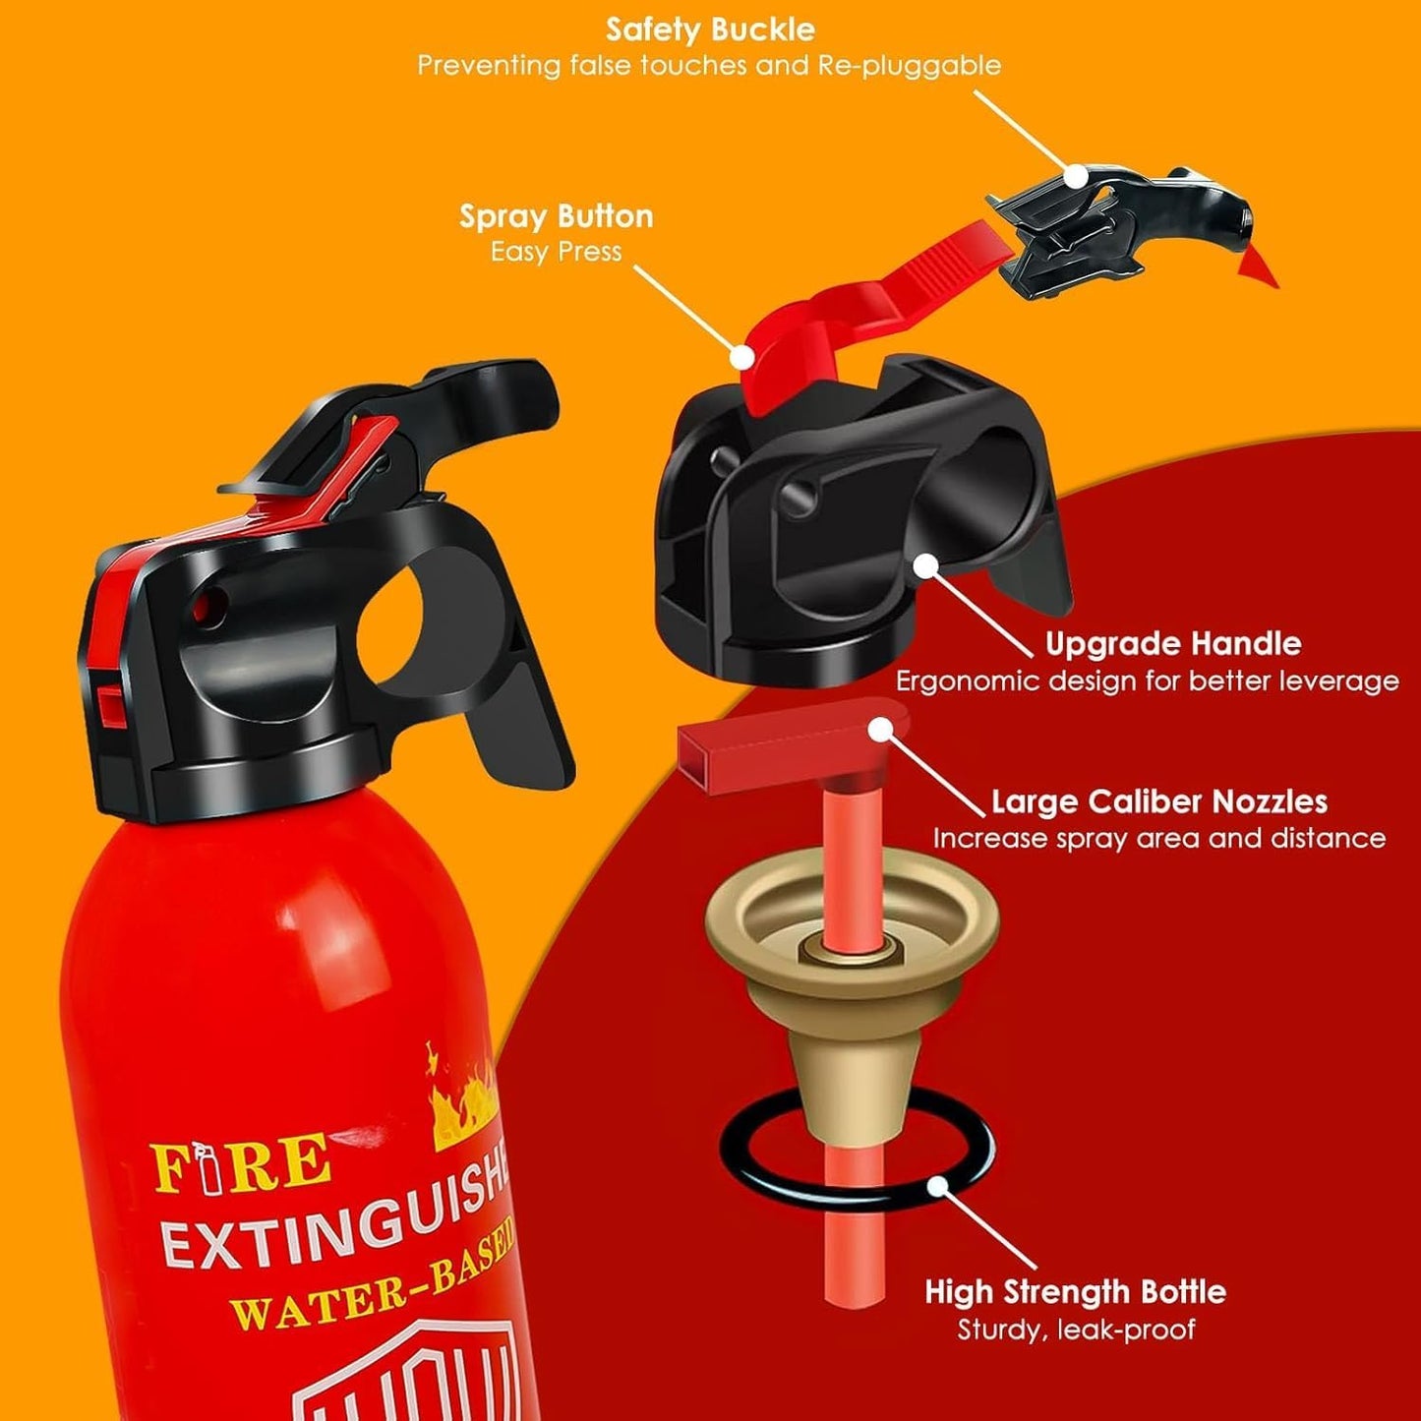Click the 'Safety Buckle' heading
[710, 30]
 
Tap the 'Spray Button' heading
[556, 216]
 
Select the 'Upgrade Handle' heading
[1172, 644]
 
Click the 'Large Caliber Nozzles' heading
[1158, 801]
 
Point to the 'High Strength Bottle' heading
[1075, 1291]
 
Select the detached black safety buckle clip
[1121, 231]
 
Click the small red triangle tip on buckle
[1259, 266]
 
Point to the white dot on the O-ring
[938, 1186]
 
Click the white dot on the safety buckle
[1078, 176]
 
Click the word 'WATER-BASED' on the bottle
[374, 1283]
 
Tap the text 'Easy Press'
[556, 252]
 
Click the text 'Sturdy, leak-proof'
[1076, 1330]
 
